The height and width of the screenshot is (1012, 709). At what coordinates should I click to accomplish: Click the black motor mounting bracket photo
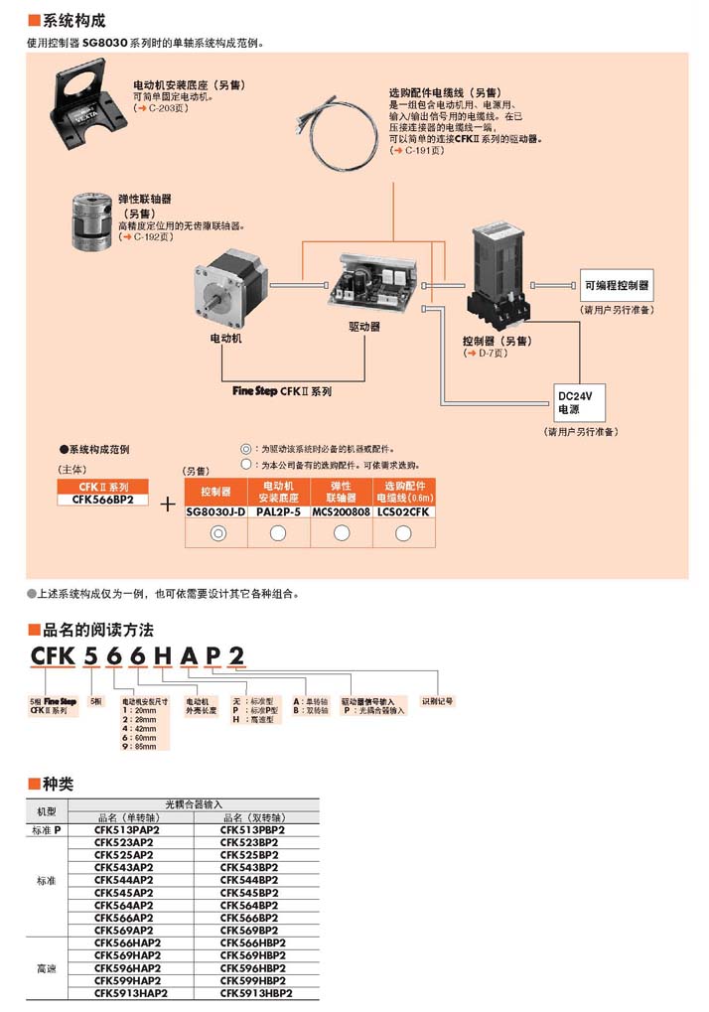click(89, 105)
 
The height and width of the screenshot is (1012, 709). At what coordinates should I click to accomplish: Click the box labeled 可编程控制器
click(617, 286)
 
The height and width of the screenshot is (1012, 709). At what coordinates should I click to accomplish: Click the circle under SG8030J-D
click(216, 534)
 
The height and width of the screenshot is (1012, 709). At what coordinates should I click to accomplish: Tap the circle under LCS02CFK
click(404, 534)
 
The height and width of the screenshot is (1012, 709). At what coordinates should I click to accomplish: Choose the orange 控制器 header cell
click(216, 491)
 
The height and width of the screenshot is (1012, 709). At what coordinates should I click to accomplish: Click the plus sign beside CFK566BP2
click(168, 505)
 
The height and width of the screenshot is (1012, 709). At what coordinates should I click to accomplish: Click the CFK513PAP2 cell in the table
click(130, 829)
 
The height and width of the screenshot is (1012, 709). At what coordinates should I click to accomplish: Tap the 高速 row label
click(47, 966)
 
